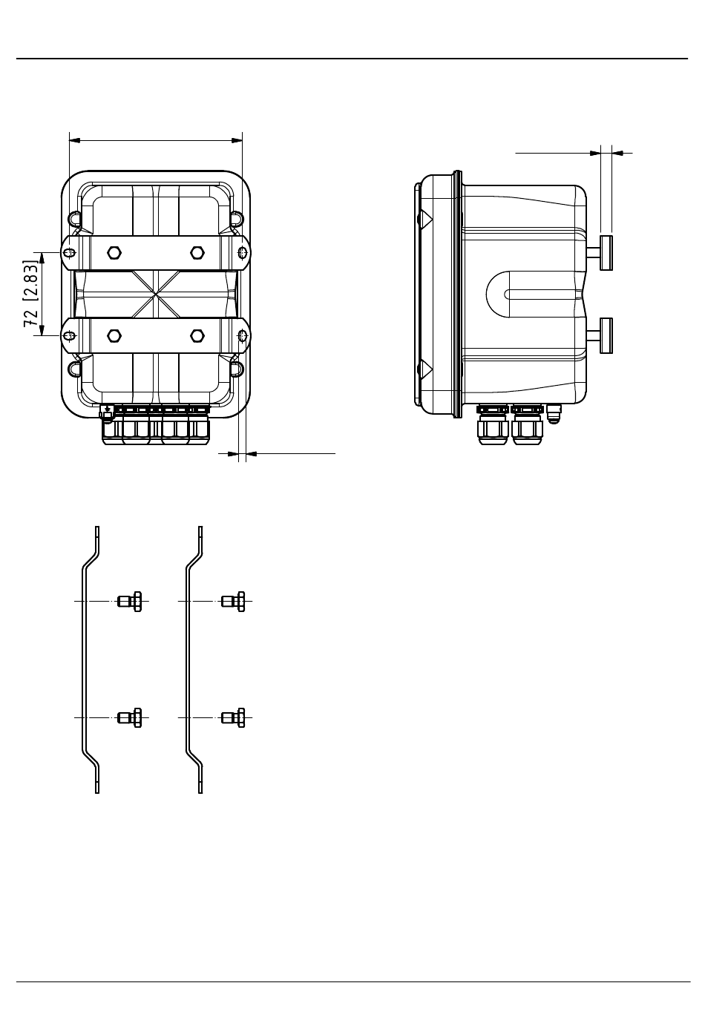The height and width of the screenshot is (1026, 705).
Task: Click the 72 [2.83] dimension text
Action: coord(30,294)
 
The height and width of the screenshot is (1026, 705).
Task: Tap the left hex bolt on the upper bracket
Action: coord(114,252)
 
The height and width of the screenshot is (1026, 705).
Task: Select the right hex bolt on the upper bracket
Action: coord(197,252)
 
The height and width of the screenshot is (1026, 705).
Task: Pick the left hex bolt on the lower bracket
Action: coord(114,336)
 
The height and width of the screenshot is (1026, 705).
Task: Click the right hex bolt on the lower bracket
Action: coord(197,336)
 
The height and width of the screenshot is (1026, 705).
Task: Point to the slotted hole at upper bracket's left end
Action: coord(70,253)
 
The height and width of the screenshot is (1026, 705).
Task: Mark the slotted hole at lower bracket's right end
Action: coord(242,336)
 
